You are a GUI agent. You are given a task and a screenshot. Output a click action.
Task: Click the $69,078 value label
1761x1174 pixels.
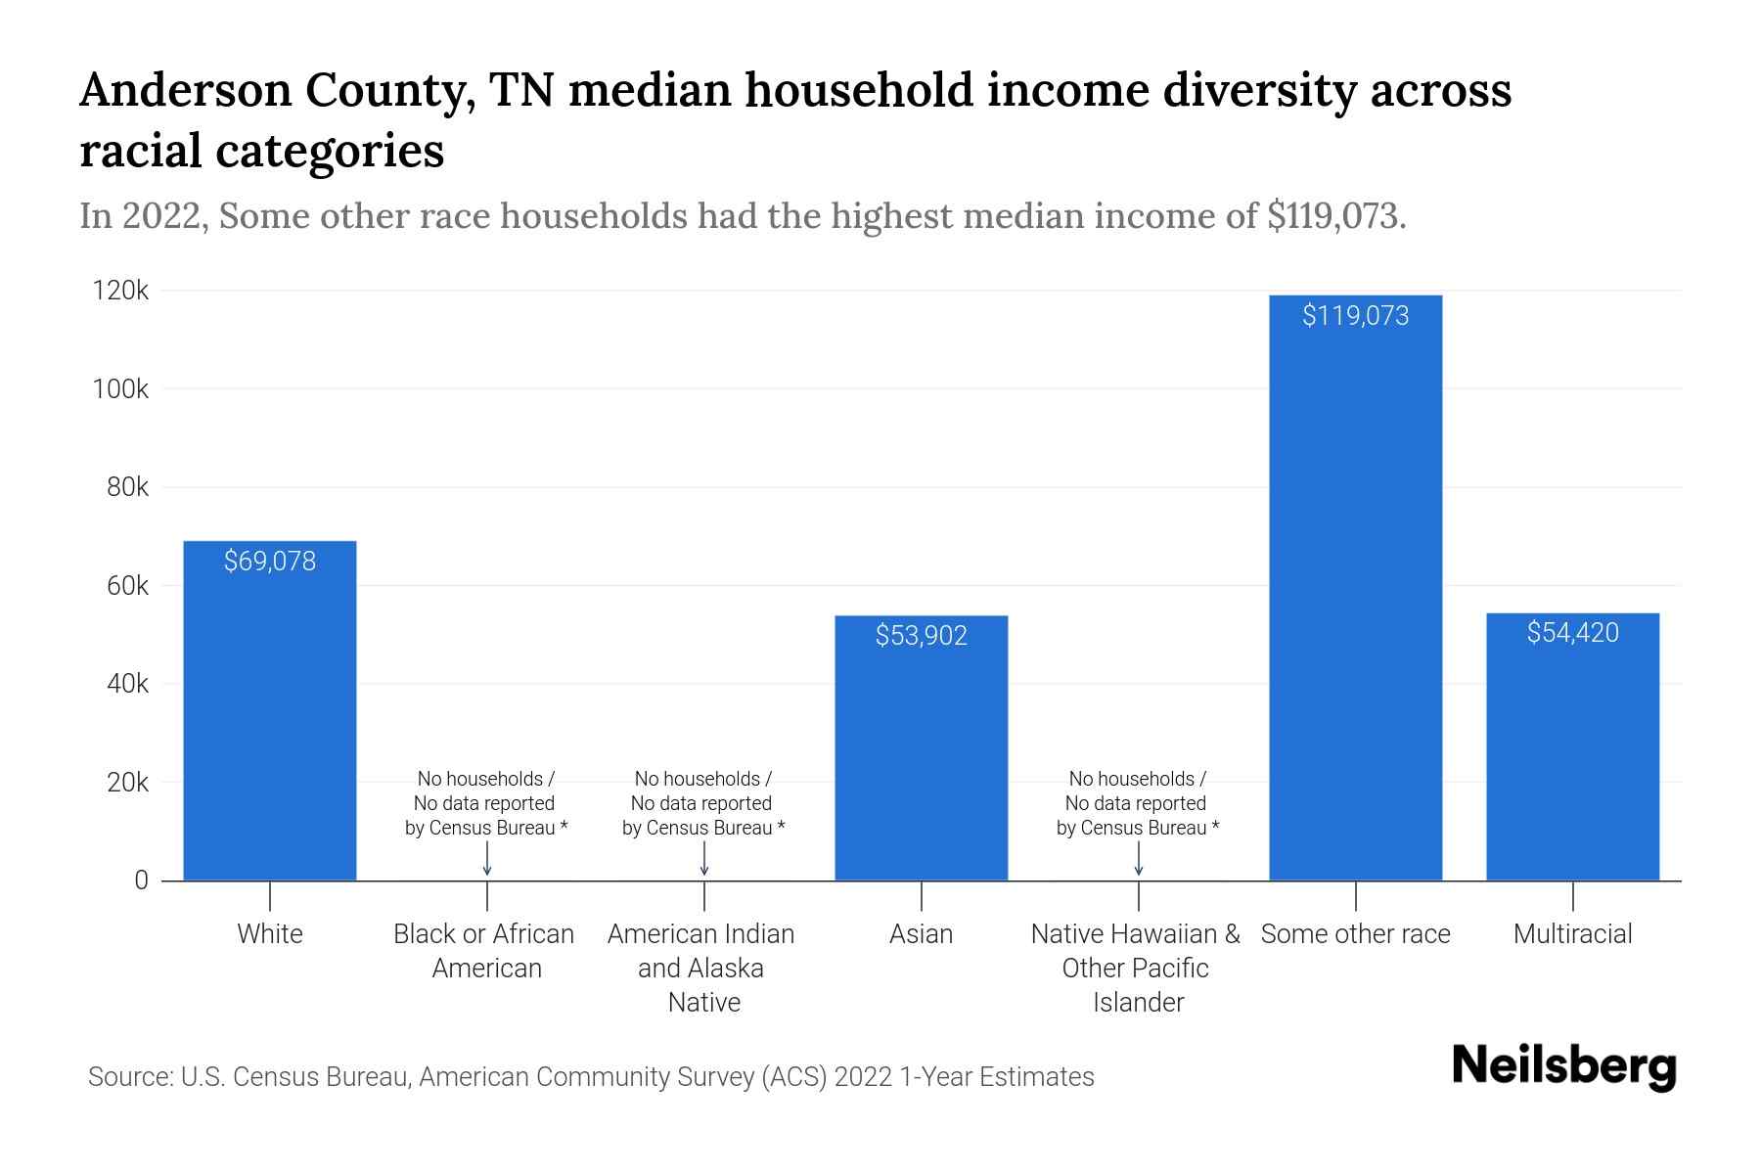[270, 562]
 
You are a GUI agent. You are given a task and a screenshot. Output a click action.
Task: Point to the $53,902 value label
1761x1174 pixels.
[921, 636]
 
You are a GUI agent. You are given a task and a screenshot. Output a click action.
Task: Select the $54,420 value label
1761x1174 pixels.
[1572, 633]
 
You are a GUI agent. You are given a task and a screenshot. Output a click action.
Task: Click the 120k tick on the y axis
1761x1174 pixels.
[120, 291]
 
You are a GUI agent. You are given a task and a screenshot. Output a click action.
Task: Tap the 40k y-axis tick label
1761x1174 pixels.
[127, 684]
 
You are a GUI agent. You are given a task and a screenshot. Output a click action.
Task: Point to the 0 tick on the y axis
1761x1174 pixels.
[141, 880]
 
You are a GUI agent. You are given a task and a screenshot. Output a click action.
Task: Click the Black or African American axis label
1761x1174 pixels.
[484, 950]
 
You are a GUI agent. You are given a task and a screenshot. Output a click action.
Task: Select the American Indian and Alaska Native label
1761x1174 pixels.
[701, 968]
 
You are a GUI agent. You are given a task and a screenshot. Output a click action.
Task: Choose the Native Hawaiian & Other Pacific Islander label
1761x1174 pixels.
[1136, 968]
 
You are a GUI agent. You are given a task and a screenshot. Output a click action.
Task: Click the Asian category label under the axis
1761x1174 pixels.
[921, 934]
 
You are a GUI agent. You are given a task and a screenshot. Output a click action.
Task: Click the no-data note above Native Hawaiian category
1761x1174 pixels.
[1137, 803]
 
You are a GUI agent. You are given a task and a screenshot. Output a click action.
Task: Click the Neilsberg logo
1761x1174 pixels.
[1563, 1066]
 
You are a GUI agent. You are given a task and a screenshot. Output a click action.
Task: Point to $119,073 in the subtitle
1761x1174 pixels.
[1335, 216]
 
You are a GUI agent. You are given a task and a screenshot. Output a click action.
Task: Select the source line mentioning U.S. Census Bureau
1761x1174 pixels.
[591, 1077]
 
